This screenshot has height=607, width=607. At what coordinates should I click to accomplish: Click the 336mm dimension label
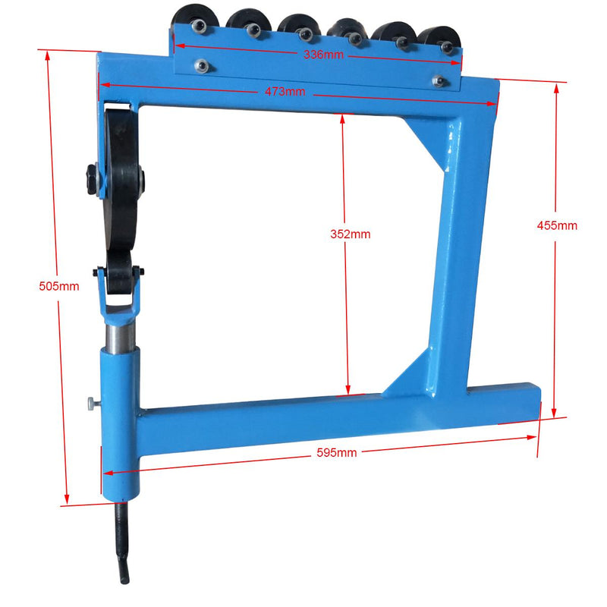point(323,55)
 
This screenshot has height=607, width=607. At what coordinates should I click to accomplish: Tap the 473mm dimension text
point(285,92)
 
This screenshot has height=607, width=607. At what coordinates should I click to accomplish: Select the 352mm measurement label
point(351,234)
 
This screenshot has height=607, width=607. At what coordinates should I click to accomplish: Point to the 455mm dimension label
point(557,225)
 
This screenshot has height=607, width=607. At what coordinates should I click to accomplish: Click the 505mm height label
point(59,286)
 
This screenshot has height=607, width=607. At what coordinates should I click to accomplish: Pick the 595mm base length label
point(337,452)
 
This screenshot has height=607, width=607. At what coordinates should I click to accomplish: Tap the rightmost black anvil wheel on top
point(440,39)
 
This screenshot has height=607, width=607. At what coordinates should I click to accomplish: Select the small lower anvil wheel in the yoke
point(119,273)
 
